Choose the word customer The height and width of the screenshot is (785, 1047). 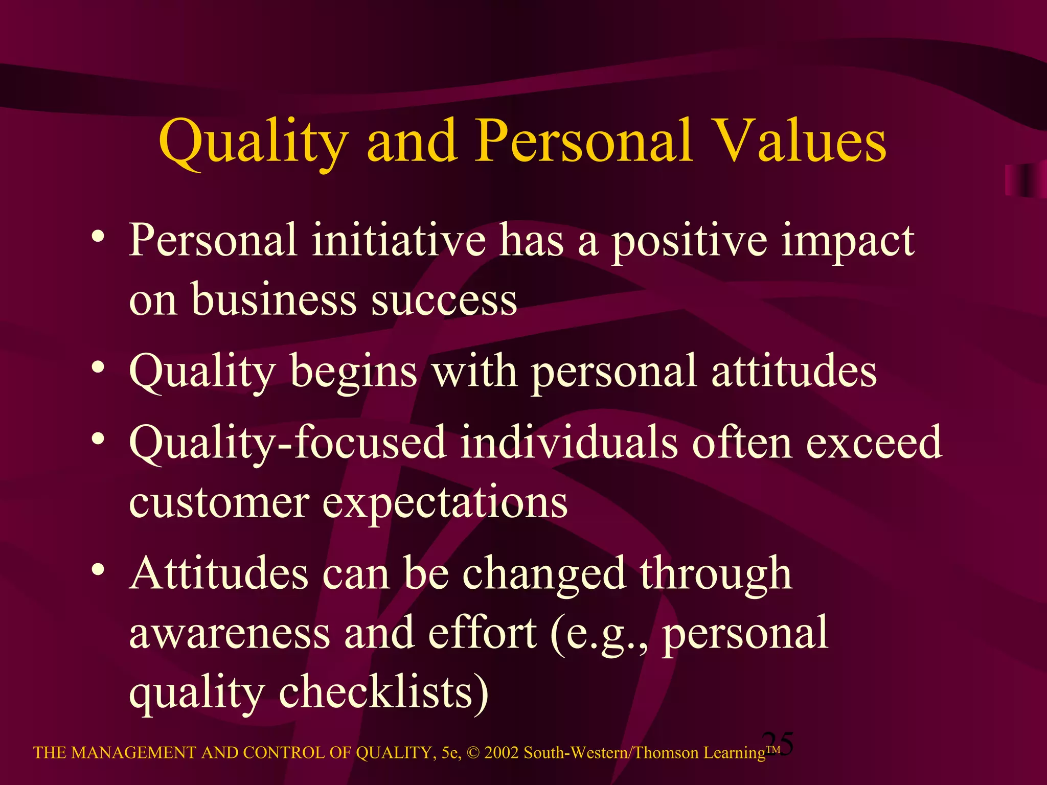tap(219, 503)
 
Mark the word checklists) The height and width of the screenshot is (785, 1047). tap(383, 693)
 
